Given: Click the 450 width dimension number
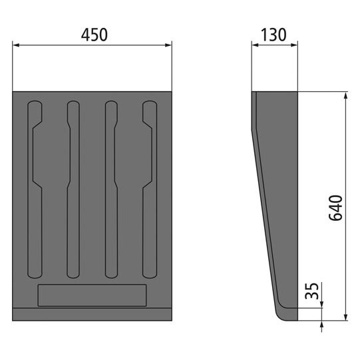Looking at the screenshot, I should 92,35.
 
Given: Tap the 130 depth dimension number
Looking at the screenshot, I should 274,35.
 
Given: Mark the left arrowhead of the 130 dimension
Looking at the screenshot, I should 255,46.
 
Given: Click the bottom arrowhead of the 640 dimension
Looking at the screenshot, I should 345,317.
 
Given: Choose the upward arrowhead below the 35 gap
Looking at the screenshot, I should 322,325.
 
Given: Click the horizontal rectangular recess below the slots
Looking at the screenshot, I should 92,295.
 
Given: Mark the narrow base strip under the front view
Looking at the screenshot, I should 92,314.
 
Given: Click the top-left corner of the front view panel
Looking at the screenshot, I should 13,92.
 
